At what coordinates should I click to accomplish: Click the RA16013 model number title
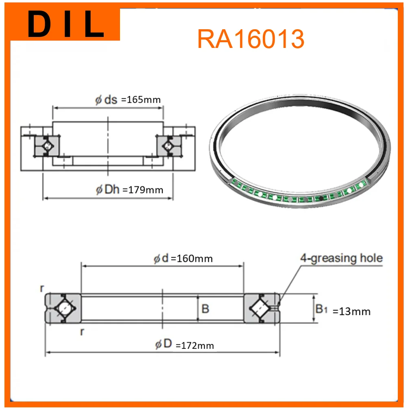[x=251, y=39]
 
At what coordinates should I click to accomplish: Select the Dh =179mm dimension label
[x=129, y=190]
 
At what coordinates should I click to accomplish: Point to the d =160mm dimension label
[x=183, y=259]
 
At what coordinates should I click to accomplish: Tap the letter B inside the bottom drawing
[x=205, y=309]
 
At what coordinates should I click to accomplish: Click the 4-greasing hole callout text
[x=341, y=258]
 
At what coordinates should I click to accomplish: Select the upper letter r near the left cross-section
[x=41, y=288]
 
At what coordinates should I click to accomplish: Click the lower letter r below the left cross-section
[x=82, y=332]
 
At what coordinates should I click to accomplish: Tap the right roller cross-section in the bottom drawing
[x=261, y=309]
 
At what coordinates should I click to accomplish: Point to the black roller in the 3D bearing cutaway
[x=321, y=198]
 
